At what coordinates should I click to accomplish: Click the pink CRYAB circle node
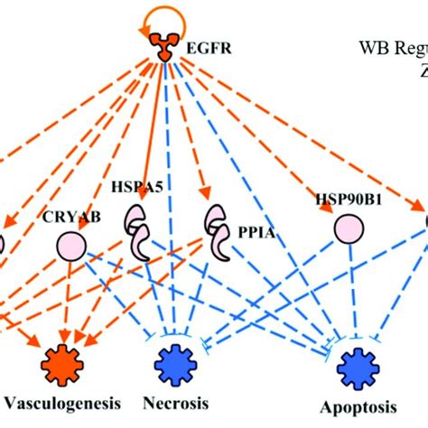point(71,244)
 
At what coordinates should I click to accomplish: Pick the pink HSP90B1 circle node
point(343,228)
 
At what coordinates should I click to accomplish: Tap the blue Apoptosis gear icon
point(352,368)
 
